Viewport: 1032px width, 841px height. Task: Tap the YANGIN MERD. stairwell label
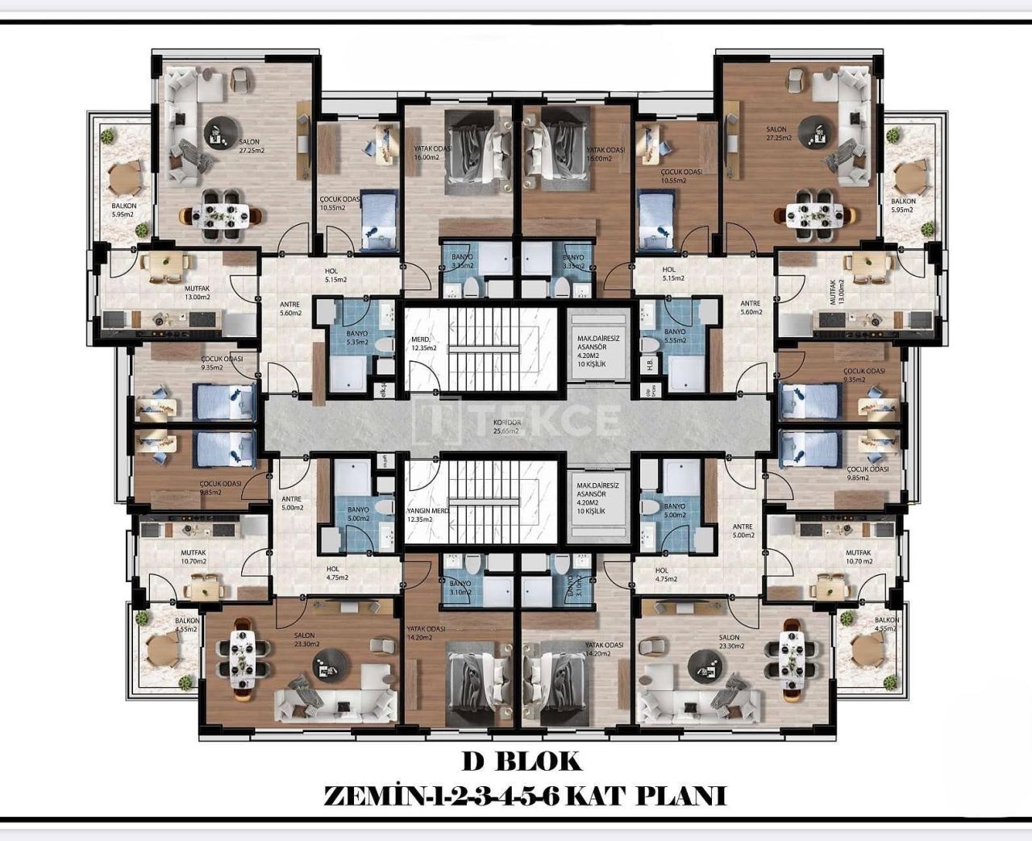pos(427,514)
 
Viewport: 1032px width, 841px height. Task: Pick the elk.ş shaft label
pos(384,390)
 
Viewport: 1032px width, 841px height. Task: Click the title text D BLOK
pos(521,760)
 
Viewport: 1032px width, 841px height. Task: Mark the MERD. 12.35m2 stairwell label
pos(424,343)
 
